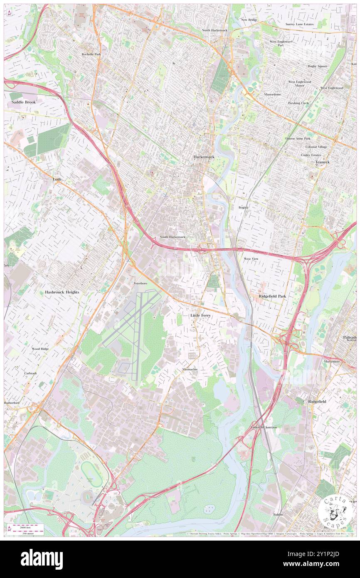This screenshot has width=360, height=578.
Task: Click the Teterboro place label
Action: (x=140, y=283)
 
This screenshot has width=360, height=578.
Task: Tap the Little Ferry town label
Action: (x=200, y=316)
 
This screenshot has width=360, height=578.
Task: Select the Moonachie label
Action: (x=190, y=369)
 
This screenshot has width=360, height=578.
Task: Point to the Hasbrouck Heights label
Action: (x=62, y=292)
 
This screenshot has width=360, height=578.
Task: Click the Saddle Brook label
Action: (x=24, y=102)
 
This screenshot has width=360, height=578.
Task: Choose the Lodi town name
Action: (x=57, y=179)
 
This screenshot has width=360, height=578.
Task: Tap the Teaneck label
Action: (x=322, y=162)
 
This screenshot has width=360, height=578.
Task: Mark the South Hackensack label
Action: (x=173, y=237)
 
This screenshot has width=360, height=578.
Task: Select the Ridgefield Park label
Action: (x=272, y=296)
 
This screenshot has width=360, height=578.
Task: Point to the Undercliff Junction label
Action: (x=264, y=427)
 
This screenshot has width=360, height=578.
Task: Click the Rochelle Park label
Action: (x=91, y=54)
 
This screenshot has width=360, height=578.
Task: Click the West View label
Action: (x=251, y=259)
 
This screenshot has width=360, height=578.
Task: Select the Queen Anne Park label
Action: (x=298, y=138)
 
